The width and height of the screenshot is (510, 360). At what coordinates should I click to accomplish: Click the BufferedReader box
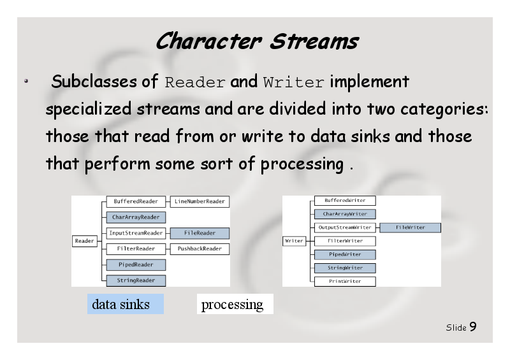pos(136,201)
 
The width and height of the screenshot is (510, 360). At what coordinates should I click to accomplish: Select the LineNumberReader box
pos(200,201)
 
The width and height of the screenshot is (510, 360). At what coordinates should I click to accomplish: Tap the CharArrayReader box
pos(136,217)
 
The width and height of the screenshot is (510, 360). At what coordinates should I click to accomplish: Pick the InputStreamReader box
pos(136,233)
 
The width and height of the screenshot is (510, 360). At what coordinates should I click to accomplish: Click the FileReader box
pos(200,233)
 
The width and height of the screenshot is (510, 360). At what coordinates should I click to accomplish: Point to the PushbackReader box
pos(200,248)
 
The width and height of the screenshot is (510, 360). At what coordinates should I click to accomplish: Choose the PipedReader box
pos(136,264)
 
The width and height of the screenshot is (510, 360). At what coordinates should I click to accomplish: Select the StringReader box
pos(136,280)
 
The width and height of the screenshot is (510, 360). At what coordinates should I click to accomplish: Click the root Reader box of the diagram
pos(85,241)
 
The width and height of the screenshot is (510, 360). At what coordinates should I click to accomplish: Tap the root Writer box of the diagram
pos(295,241)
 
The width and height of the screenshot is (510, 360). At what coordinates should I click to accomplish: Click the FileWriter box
pos(411,227)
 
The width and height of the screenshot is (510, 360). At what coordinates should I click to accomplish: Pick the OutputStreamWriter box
pos(345,227)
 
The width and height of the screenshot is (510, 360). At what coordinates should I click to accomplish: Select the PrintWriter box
pos(345,281)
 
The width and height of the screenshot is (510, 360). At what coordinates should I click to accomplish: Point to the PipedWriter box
pos(345,254)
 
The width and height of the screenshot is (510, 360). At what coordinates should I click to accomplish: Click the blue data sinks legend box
pos(126,304)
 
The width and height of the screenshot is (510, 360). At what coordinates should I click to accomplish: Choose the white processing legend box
pos(235,304)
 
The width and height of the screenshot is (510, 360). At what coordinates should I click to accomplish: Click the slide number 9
pos(473,326)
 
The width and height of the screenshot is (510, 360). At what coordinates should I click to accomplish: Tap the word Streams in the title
pos(314,41)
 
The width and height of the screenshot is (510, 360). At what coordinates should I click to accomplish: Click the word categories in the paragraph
pos(444,109)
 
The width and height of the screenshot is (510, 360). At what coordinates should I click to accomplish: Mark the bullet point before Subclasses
pos(26,81)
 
